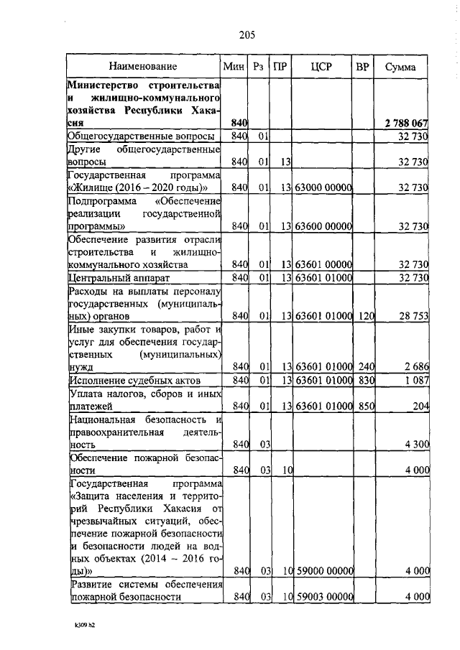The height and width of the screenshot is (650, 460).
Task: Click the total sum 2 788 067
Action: click(x=404, y=123)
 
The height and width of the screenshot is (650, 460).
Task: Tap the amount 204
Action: click(x=420, y=406)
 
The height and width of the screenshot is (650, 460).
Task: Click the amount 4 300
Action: click(x=416, y=445)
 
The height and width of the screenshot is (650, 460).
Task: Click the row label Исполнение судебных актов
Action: click(x=134, y=380)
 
